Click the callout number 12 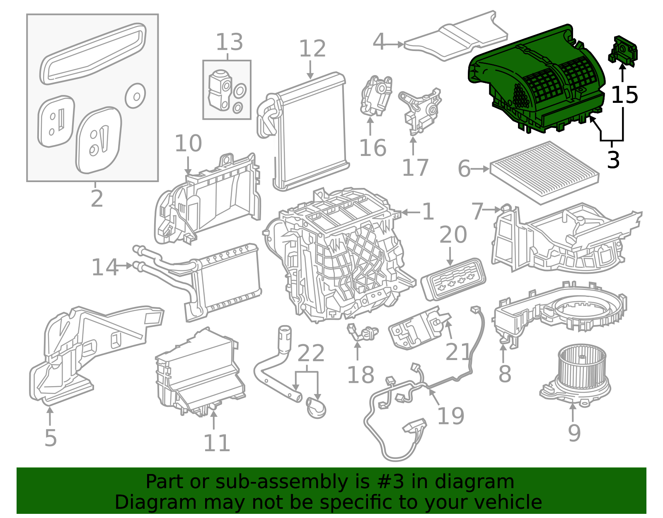[x=312, y=49]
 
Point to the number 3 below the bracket [x=613, y=160]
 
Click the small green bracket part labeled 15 [x=623, y=51]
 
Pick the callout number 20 [x=452, y=235]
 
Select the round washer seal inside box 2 [x=135, y=96]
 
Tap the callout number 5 [x=50, y=438]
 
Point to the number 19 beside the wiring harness [x=450, y=416]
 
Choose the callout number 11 [x=216, y=443]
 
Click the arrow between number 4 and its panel [x=395, y=44]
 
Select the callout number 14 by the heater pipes [x=104, y=267]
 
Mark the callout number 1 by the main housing [x=428, y=212]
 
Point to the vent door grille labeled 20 [x=453, y=279]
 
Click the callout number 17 [x=415, y=168]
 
